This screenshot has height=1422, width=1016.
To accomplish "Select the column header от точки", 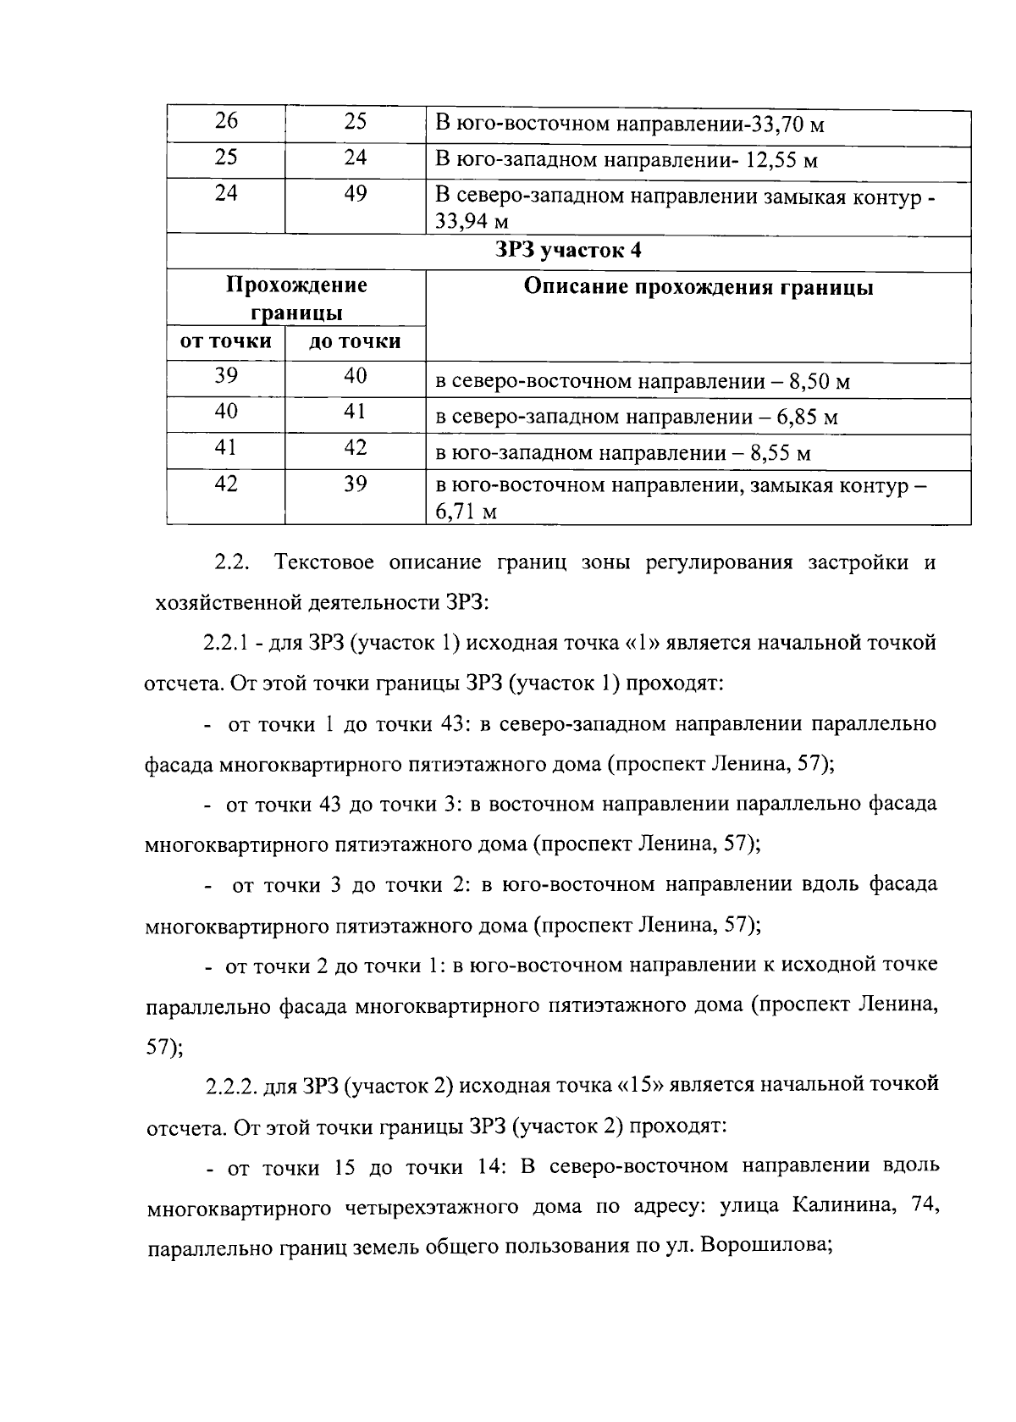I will (225, 341).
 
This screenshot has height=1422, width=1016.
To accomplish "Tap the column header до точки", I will (355, 341).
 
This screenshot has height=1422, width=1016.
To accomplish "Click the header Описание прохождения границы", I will (698, 287).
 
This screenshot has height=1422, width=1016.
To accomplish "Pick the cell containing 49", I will (356, 195).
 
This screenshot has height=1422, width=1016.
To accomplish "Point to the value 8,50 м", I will (819, 382).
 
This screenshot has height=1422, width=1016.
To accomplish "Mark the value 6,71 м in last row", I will (466, 512).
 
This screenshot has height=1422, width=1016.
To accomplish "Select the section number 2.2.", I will (229, 563).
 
